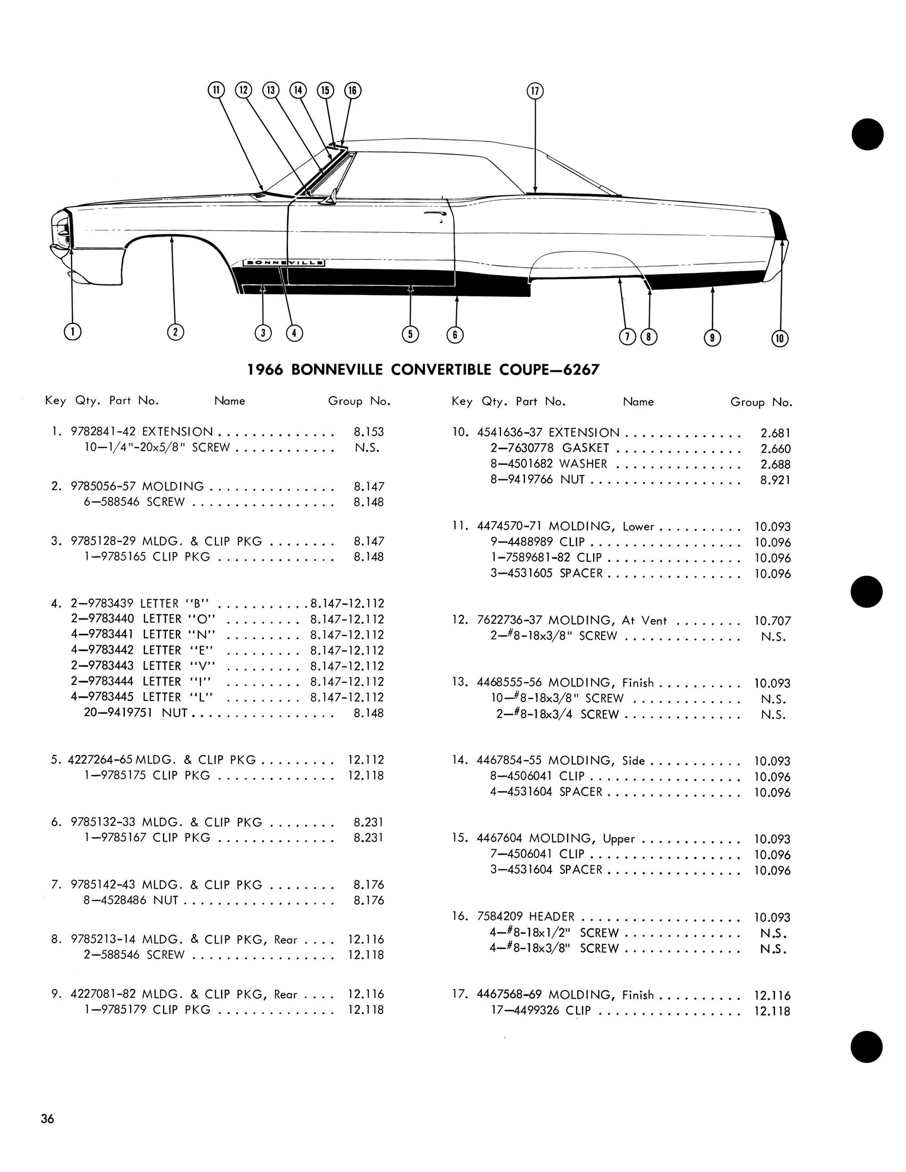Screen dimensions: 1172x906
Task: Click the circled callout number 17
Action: click(535, 91)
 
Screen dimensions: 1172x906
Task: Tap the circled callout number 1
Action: click(72, 332)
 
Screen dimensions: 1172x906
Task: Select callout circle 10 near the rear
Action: click(780, 338)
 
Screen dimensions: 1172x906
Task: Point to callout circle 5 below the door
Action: click(410, 335)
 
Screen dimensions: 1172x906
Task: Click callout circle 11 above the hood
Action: click(216, 90)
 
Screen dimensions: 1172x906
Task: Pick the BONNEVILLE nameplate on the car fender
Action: click(284, 263)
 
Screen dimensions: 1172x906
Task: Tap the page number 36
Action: click(47, 1118)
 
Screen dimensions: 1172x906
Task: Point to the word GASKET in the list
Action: click(586, 448)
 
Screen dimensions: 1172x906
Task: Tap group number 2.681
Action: click(775, 433)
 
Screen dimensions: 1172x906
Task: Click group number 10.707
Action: click(772, 621)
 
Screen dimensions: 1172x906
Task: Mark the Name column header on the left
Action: click(230, 401)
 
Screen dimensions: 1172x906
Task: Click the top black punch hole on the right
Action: click(867, 134)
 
